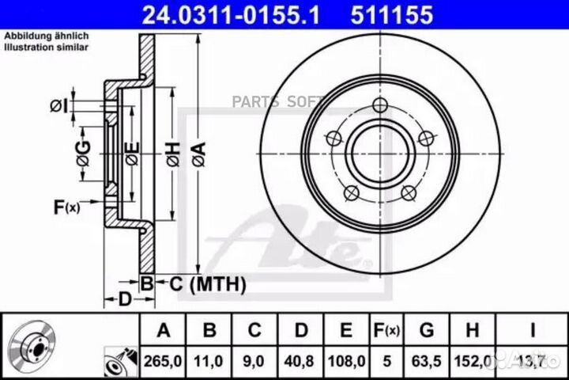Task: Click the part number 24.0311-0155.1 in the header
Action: [x=231, y=15]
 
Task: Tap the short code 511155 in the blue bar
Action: [x=391, y=15]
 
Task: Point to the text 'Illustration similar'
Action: [x=46, y=47]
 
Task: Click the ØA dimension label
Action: [x=199, y=154]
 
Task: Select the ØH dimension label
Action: [x=173, y=154]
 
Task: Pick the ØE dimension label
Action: [x=132, y=154]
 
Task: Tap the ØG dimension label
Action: [x=84, y=154]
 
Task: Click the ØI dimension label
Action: [x=59, y=106]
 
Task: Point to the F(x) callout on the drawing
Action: [x=66, y=207]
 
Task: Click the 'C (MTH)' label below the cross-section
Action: [x=208, y=283]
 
